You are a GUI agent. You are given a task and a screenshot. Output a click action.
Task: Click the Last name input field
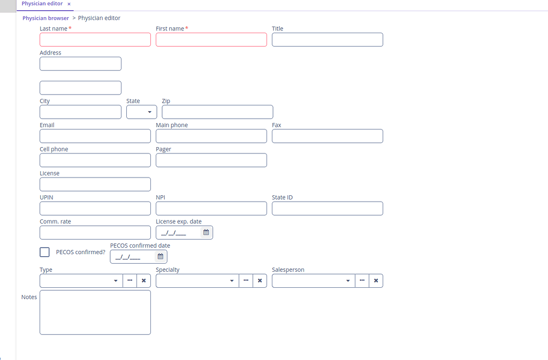tap(95, 40)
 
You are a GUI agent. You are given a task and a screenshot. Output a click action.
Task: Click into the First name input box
tap(211, 40)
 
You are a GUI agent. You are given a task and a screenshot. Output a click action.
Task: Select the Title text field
tap(327, 40)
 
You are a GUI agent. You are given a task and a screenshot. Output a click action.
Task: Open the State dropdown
tap(142, 112)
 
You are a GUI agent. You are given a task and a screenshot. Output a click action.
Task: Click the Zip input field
tap(217, 112)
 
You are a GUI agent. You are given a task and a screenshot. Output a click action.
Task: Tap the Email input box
tap(95, 136)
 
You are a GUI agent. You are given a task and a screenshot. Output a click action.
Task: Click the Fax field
tap(327, 136)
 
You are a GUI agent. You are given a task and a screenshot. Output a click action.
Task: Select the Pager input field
tap(211, 160)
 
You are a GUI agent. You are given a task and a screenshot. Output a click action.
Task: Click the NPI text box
tap(211, 208)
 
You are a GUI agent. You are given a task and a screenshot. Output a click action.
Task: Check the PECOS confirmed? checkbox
tap(45, 252)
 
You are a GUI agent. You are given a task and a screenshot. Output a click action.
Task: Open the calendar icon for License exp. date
tap(206, 232)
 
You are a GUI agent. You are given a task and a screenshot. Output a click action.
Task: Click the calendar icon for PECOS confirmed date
tap(160, 256)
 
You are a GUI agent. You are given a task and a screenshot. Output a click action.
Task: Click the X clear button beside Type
tap(143, 280)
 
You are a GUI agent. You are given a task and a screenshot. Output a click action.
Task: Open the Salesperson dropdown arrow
tap(348, 280)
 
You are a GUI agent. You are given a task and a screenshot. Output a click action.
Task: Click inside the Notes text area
tap(95, 312)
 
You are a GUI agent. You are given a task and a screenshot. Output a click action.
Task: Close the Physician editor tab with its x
tap(69, 4)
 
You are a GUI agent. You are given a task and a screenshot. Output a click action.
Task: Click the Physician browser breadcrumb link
tap(45, 18)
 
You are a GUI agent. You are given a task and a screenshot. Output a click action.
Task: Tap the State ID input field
tap(327, 208)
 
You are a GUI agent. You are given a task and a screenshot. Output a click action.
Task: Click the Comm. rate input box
tap(95, 232)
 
